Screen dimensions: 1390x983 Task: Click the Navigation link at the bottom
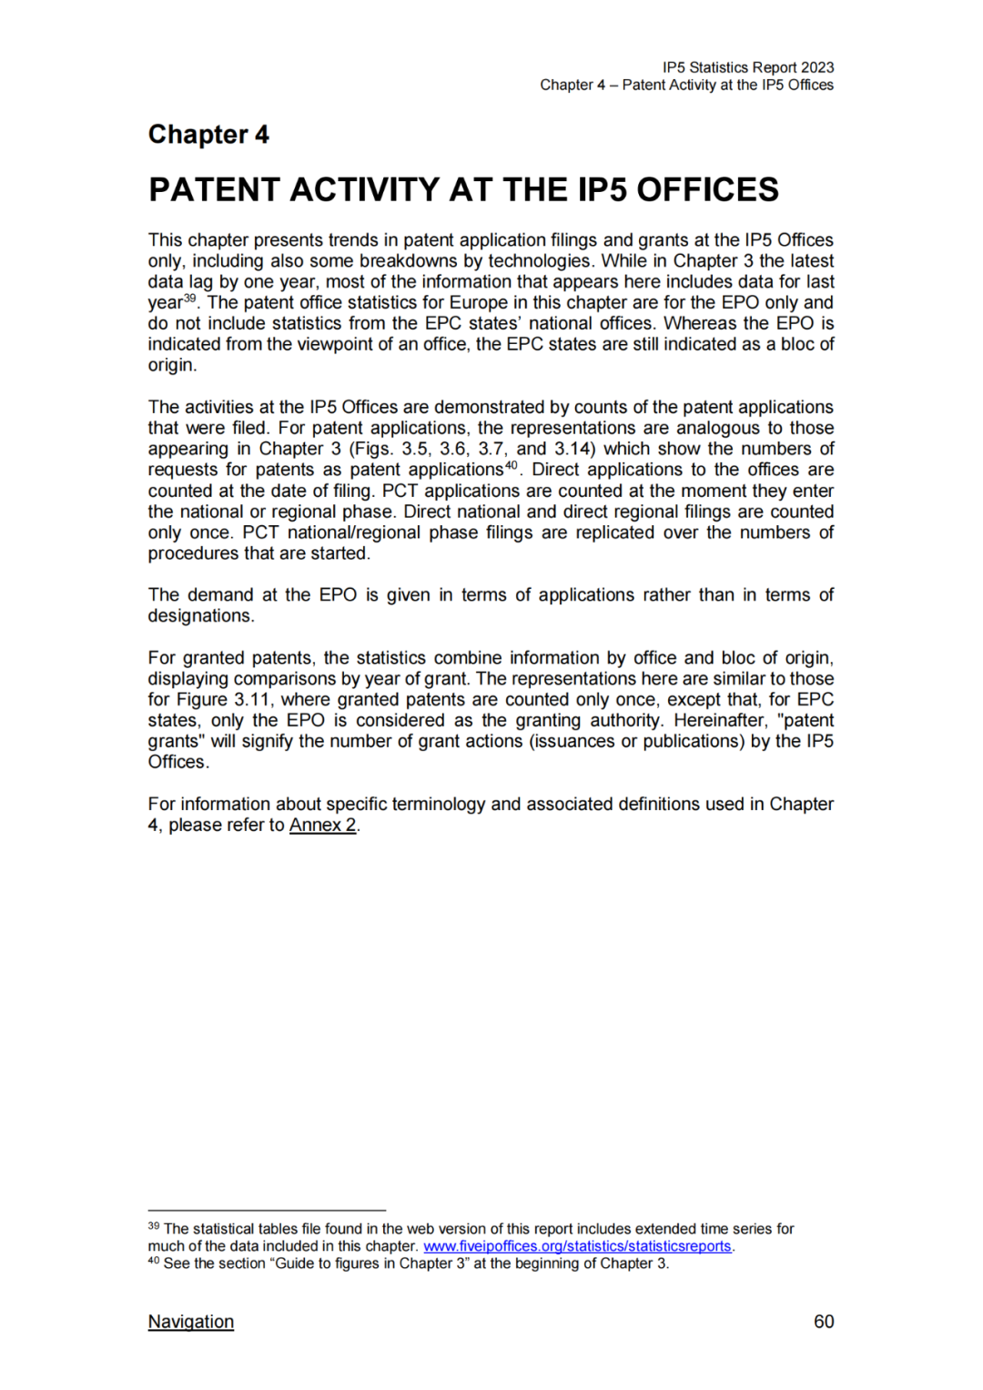[x=190, y=1322]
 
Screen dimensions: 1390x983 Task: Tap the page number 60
[x=823, y=1322]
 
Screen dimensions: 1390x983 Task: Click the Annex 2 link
[x=322, y=826]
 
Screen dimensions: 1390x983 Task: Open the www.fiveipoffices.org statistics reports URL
[x=577, y=1246]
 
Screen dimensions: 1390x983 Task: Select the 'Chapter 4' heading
[x=208, y=135]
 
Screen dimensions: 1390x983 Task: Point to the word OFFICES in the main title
[x=707, y=189]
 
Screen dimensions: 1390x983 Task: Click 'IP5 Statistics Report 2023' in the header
[x=747, y=67]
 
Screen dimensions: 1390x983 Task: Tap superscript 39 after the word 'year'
[x=190, y=299]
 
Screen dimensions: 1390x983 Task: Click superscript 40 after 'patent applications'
[x=512, y=465]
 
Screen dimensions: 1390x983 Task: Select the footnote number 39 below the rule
[x=154, y=1226]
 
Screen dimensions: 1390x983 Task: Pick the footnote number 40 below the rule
[x=154, y=1261]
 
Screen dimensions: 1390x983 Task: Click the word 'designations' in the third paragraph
[x=200, y=616]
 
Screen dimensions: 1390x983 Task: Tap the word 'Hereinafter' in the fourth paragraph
[x=720, y=721]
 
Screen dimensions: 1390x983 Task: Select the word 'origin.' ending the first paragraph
[x=172, y=365]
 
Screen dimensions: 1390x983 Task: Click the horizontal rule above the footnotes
[x=267, y=1211]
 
